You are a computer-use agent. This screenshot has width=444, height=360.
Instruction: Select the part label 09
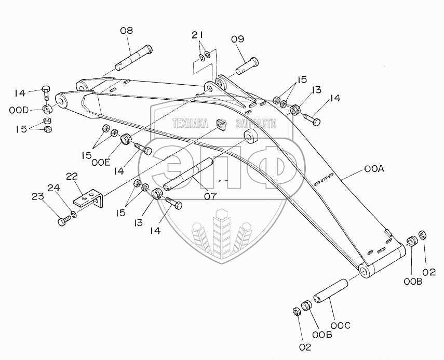[237, 38]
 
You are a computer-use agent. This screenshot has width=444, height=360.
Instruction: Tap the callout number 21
[196, 35]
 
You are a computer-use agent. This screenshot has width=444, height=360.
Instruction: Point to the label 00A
[374, 169]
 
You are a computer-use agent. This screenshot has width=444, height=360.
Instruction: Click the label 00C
[341, 325]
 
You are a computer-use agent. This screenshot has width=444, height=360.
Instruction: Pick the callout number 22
[72, 177]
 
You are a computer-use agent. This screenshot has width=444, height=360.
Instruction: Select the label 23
[37, 196]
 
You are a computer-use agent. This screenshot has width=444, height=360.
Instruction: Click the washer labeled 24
[75, 214]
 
